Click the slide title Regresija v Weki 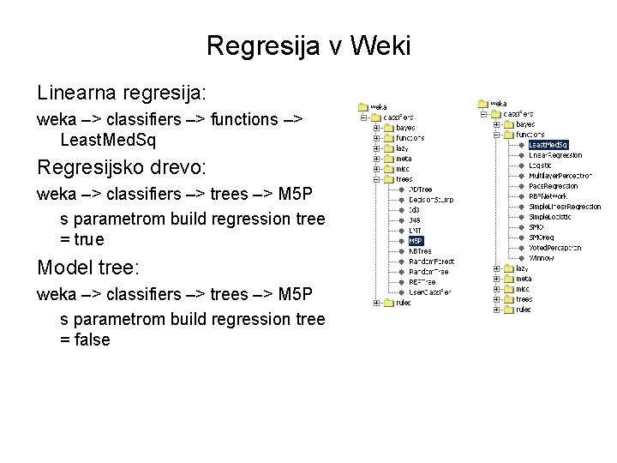308,45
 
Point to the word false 93,340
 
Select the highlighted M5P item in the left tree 416,241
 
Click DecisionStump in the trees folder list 432,200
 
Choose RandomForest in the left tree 432,262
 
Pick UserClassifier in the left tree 432,292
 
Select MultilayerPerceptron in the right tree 560,176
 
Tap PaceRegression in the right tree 554,186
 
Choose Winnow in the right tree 542,258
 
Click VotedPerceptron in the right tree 554,248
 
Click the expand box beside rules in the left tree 375,303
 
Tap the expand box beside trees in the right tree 496,299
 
